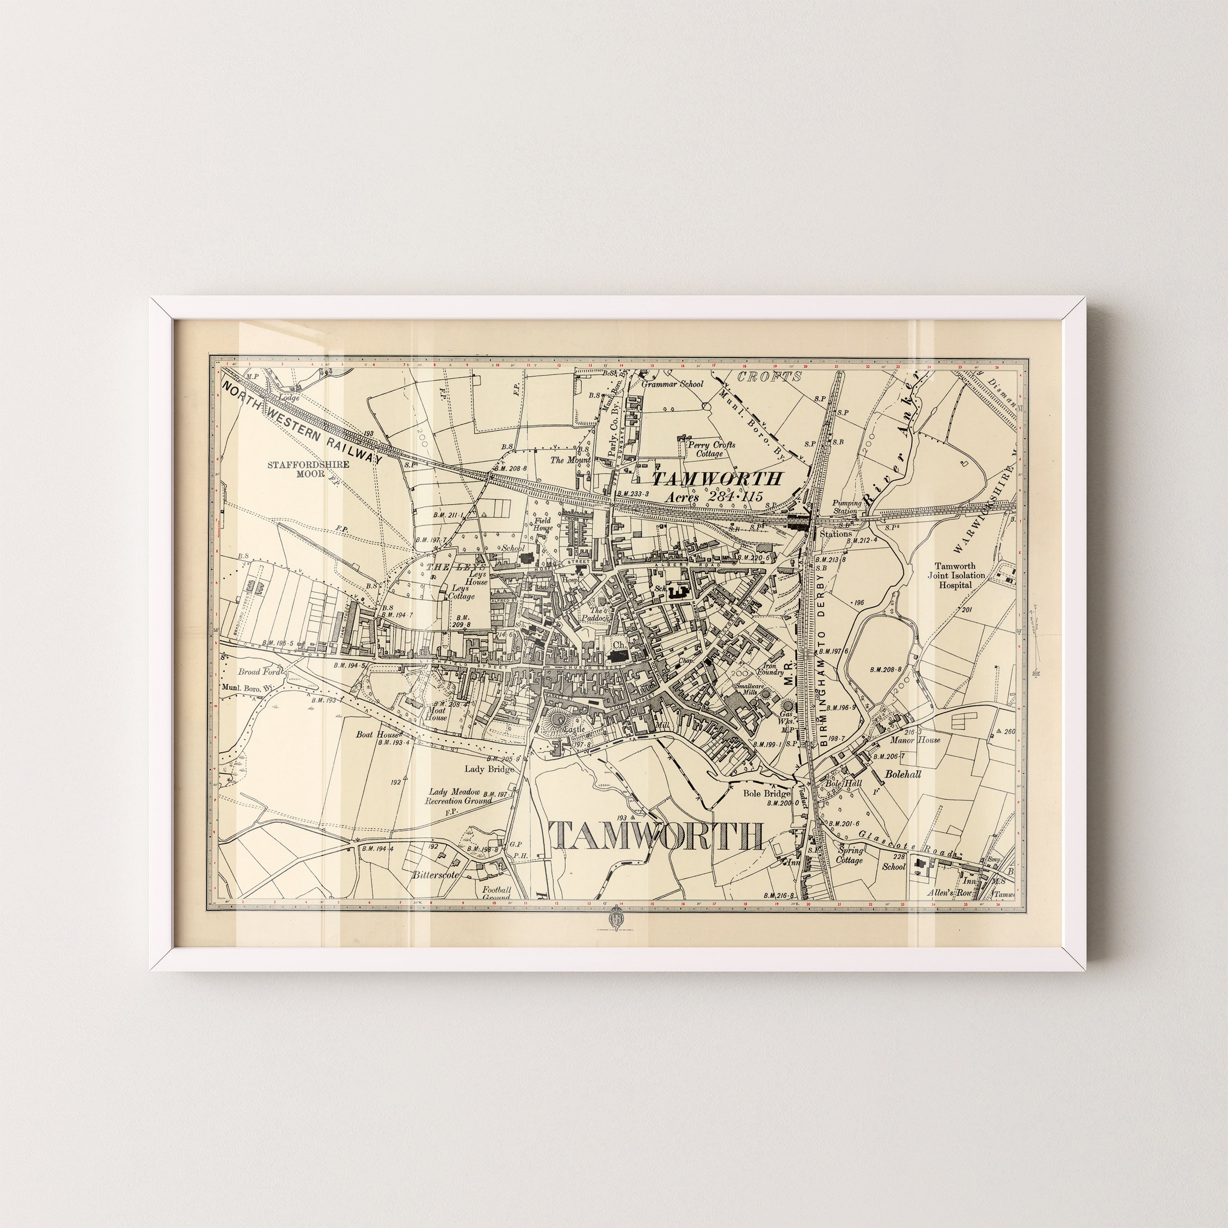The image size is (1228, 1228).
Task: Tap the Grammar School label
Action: coord(673,384)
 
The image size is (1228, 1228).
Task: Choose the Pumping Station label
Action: coord(848,507)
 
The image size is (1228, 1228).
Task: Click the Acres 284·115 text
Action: coord(713,497)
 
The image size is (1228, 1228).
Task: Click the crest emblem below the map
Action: coord(615,918)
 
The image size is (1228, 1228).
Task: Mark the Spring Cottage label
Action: coord(850,855)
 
